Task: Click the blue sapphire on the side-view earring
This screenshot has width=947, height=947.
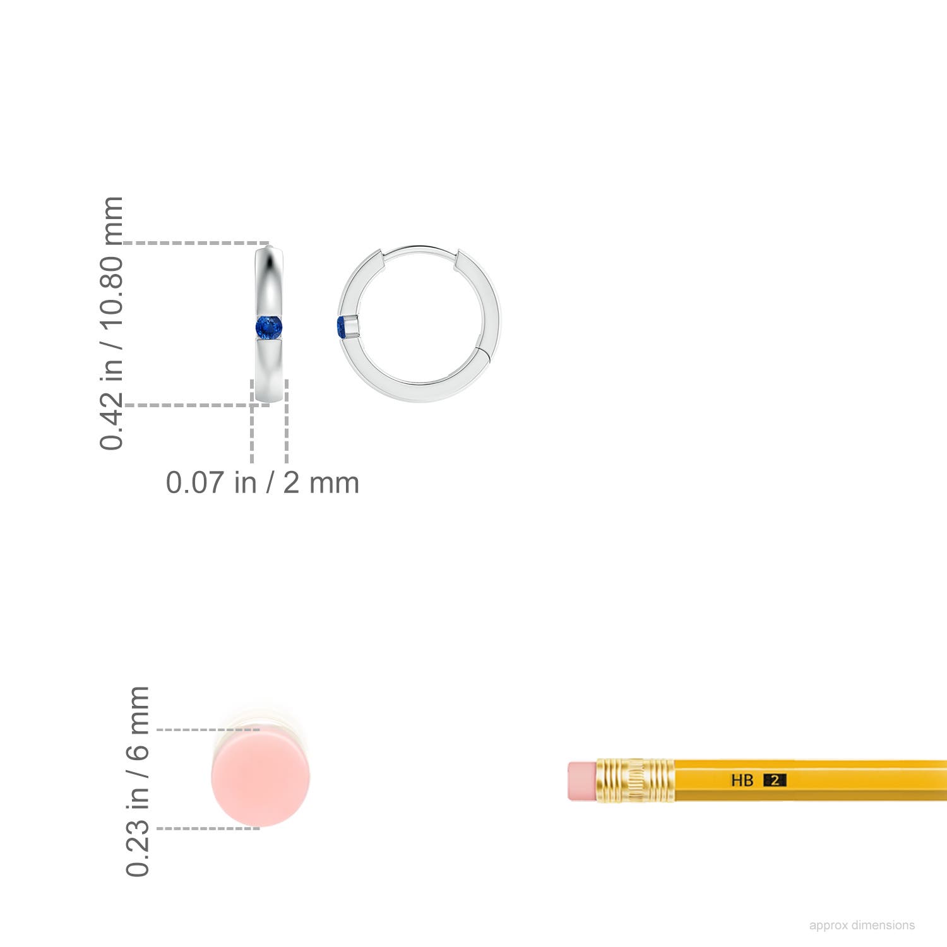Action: coord(269,328)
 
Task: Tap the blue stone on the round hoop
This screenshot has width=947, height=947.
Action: coord(342,328)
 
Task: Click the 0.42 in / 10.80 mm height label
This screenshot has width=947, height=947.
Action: coord(112,323)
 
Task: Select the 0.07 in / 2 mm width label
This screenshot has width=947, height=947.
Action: coord(263,483)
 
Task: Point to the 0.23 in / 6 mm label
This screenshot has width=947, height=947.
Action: coord(138,781)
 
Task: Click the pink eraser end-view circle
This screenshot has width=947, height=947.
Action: coord(261,778)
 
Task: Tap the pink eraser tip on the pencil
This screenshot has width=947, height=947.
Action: coord(581,781)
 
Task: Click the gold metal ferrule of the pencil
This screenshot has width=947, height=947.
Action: coord(634,780)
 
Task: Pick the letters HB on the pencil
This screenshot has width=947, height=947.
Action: coord(742,781)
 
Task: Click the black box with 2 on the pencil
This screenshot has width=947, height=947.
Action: coord(775,780)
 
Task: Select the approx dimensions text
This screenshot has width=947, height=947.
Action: coord(862,925)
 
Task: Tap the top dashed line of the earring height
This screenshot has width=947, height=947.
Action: coord(196,242)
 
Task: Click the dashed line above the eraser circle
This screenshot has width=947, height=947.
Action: coord(208,730)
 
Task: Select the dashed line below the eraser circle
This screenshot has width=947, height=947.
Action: coord(208,828)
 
